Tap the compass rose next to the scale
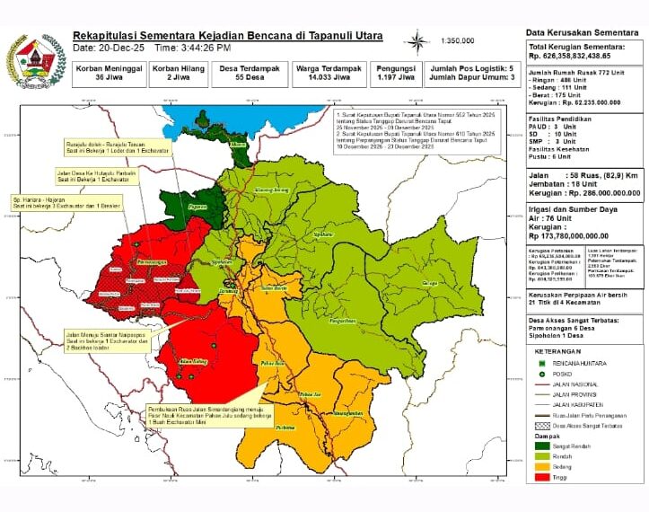tap(418, 41)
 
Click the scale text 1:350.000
tap(458, 41)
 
